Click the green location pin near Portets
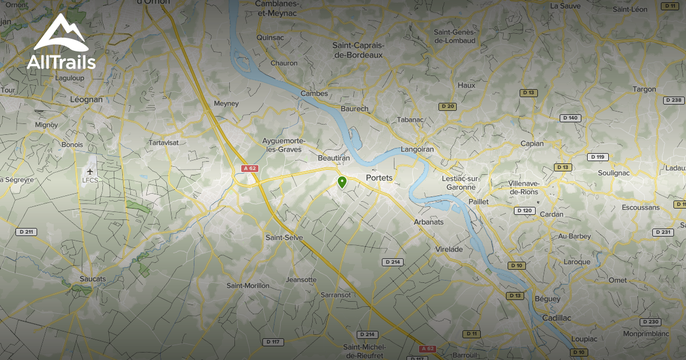coord(342,182)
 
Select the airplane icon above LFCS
coord(90,171)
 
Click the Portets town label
coord(379,178)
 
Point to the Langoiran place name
coord(417,149)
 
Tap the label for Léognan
coord(86,99)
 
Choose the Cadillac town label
coord(556,317)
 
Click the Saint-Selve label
coord(284,237)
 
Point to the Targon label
coord(644,89)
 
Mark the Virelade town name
coord(449,249)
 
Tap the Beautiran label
coord(333,157)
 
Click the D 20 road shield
coord(447,106)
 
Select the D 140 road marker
coord(570,118)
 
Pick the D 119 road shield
coord(598,157)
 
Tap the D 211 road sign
coord(26,231)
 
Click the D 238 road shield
coord(674,100)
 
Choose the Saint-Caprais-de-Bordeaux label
coord(358,50)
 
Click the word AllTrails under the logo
coord(61,61)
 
